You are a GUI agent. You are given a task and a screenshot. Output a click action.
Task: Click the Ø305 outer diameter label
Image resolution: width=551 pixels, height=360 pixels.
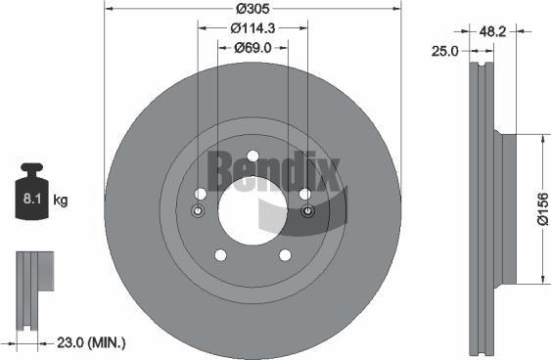point(253,10)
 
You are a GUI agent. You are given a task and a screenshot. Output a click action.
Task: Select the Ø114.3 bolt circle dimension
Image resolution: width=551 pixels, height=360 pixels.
point(253,27)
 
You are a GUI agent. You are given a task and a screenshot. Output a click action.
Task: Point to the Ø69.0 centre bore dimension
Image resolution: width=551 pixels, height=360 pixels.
point(253,45)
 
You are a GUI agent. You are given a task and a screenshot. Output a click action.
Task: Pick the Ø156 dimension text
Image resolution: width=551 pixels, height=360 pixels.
point(541,208)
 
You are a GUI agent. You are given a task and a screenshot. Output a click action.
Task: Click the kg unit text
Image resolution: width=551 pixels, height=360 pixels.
point(61,201)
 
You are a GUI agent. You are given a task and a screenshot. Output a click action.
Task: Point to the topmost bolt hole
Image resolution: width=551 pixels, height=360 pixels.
point(253,156)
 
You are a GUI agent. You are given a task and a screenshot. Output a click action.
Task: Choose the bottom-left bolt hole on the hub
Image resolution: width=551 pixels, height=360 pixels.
point(220,254)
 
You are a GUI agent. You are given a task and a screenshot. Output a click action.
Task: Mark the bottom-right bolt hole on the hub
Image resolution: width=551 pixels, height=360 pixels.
point(285,254)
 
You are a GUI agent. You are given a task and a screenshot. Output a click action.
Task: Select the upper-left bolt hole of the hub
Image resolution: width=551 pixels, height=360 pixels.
point(201,194)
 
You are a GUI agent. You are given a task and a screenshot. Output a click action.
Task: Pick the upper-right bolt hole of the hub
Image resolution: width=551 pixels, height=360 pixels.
point(304,194)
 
